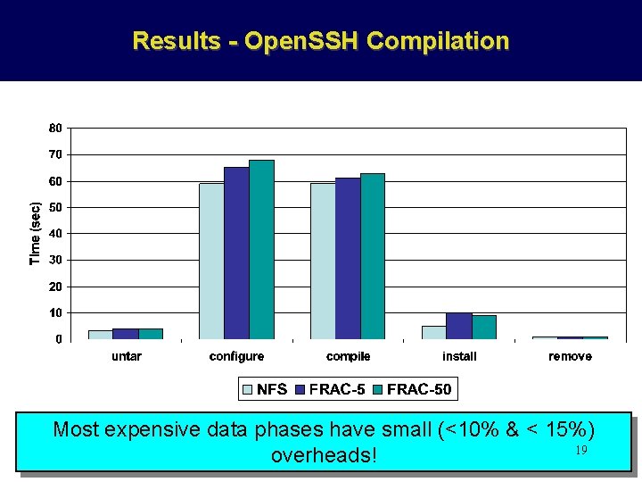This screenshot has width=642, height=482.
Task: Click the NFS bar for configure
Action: tap(211, 262)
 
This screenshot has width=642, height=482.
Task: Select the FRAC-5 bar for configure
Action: tap(236, 253)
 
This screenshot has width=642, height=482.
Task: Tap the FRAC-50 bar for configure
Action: tap(261, 250)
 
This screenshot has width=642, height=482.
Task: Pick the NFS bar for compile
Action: tap(323, 262)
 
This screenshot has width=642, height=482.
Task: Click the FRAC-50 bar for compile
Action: tap(373, 256)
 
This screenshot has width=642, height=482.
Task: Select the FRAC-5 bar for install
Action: tap(459, 326)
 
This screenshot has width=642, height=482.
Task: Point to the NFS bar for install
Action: tap(434, 332)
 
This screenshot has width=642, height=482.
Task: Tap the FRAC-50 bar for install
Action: tap(484, 328)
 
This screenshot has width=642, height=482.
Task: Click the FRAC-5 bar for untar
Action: tap(125, 334)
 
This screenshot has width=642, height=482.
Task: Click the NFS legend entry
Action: tap(265, 389)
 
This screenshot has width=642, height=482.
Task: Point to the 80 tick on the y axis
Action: tap(55, 129)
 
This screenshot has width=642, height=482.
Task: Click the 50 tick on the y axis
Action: tap(55, 208)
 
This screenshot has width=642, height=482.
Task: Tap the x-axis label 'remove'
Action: tap(570, 356)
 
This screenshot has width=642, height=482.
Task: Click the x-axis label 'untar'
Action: tap(126, 356)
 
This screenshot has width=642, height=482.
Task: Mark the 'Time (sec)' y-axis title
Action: tap(36, 233)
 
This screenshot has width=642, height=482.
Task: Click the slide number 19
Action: tap(580, 451)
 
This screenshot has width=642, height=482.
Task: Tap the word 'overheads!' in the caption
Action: tap(324, 455)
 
